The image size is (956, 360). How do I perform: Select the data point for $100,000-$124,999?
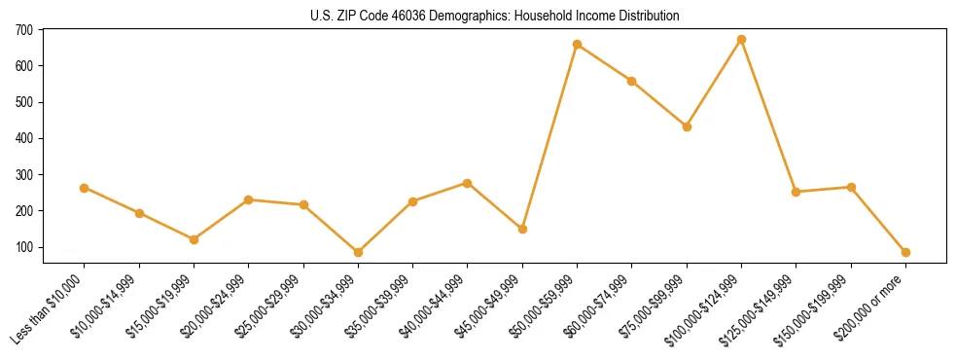742,40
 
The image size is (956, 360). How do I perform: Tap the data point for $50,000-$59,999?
578,45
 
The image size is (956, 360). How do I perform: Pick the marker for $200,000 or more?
906,252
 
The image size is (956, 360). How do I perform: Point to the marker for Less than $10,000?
85,188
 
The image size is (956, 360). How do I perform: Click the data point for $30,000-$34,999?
359,252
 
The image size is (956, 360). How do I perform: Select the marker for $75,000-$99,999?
688,126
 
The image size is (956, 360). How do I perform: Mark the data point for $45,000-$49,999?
523,229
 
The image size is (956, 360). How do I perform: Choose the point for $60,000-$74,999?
632,81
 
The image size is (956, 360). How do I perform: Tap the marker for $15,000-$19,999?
195,239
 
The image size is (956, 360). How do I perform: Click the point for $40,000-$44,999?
468,183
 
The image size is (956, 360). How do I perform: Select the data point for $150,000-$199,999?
852,187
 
